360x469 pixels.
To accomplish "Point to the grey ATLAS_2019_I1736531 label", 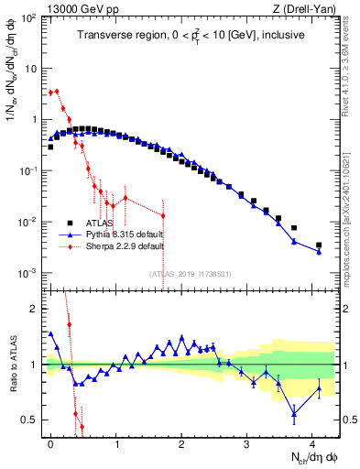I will click(191, 273).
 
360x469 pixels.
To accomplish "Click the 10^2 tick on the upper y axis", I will click(30, 17).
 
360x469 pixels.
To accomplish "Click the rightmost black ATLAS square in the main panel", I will click(319, 245).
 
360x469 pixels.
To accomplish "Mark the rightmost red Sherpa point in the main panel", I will click(163, 216).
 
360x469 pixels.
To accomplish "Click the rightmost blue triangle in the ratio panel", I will click(319, 387).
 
